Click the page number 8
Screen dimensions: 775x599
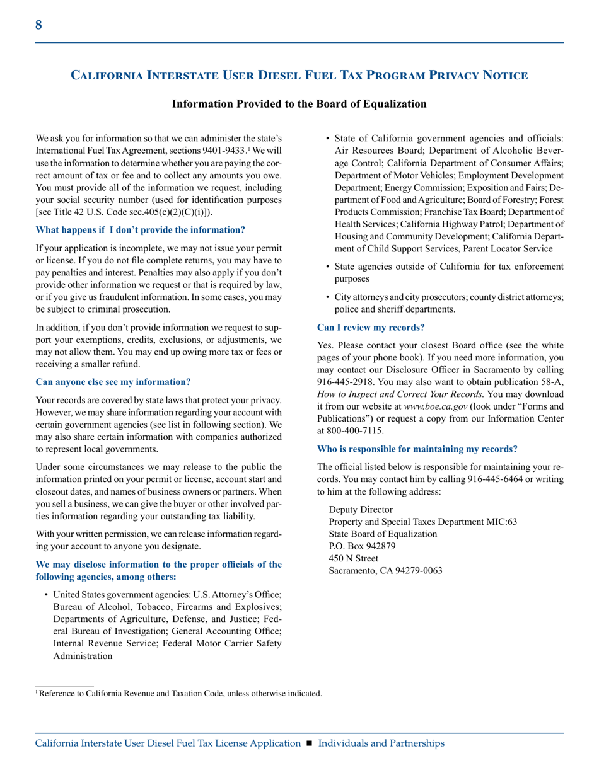pos(38,25)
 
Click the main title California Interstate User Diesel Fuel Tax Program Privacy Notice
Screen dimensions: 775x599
pos(299,76)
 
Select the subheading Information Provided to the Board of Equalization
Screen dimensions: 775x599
pos(299,104)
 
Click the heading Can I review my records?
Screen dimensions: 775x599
pos(371,328)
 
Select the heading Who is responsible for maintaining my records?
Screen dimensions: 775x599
pos(417,449)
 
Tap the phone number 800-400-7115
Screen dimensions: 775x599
pos(357,430)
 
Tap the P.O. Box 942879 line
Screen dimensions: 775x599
pos(363,546)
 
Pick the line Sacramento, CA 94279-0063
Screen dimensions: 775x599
pos(385,570)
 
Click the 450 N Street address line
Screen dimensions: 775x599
pos(354,558)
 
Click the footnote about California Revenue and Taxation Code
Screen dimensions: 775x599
pos(180,693)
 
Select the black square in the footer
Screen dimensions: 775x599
pos(309,743)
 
